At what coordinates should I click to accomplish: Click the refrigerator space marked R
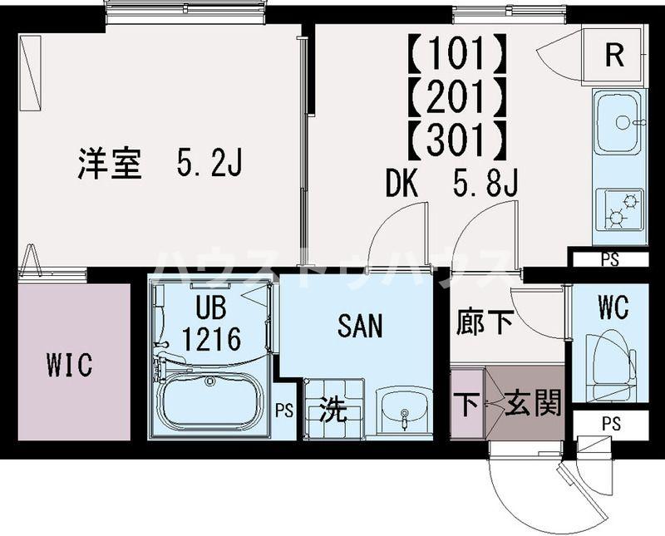tap(614, 56)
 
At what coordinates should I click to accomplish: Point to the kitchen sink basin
tap(617, 123)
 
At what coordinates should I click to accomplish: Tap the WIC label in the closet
tap(71, 364)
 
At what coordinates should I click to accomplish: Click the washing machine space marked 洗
tap(333, 410)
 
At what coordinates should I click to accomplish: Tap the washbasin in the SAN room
tap(404, 411)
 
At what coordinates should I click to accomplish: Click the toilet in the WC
tap(607, 363)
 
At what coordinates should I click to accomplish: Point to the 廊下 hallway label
tap(485, 323)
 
